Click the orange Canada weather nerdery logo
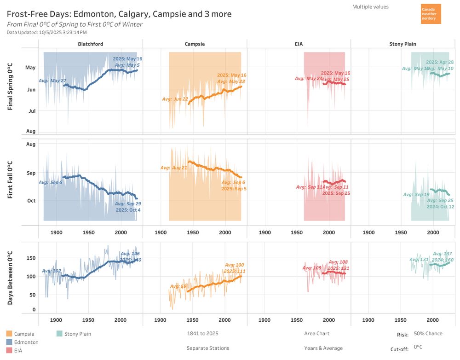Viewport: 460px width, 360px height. point(431,14)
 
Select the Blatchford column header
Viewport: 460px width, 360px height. point(91,44)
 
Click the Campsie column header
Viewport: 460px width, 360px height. point(195,44)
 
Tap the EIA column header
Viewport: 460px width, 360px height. point(299,44)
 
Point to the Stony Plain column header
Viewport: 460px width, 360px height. point(402,44)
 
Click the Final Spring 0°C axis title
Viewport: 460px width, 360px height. point(10,87)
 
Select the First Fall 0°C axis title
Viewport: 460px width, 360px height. point(10,180)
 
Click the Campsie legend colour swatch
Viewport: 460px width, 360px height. point(10,334)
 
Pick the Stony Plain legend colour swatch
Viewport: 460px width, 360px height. point(59,334)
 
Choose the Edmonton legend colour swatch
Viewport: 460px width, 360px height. point(10,342)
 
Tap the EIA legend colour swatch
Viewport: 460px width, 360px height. point(10,350)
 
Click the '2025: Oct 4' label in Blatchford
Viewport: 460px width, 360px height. point(128,210)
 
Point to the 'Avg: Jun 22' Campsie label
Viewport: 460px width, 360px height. point(175,99)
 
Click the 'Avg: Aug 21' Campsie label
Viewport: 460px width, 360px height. point(173,168)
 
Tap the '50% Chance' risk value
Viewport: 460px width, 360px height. point(428,334)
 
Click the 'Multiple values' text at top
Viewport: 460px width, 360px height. point(370,7)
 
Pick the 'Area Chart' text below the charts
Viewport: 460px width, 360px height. point(316,333)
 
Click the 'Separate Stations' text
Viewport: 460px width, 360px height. point(208,348)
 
